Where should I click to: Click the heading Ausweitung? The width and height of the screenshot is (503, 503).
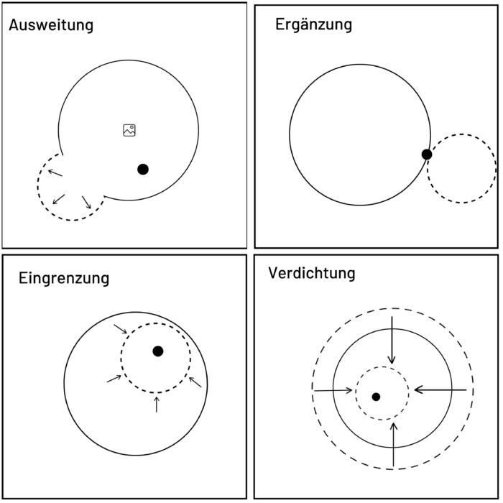[51, 26]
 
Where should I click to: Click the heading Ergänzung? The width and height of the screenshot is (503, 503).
[314, 24]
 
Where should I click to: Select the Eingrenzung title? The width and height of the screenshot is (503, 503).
[64, 277]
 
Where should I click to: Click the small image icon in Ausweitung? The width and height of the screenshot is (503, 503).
[129, 130]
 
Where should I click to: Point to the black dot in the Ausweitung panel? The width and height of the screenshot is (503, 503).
[143, 169]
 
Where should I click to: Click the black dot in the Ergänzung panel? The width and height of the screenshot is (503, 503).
[427, 154]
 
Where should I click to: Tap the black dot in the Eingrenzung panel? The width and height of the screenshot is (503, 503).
[158, 351]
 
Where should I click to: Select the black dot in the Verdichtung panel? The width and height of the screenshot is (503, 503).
[376, 397]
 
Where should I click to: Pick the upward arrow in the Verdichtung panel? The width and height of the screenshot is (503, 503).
[394, 443]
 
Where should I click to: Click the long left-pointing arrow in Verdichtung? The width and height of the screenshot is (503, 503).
[440, 389]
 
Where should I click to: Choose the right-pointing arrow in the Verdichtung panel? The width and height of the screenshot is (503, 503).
[333, 390]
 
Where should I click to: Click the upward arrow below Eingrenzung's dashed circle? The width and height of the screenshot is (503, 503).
[157, 404]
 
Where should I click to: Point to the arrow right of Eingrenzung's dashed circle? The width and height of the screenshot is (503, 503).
[195, 381]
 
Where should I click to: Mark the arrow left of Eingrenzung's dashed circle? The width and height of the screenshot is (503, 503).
[114, 378]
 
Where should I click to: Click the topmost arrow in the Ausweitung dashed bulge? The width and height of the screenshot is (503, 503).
[55, 172]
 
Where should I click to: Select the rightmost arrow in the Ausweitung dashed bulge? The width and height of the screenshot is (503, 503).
[86, 201]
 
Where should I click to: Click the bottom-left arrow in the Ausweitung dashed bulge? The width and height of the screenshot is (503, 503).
[59, 199]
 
